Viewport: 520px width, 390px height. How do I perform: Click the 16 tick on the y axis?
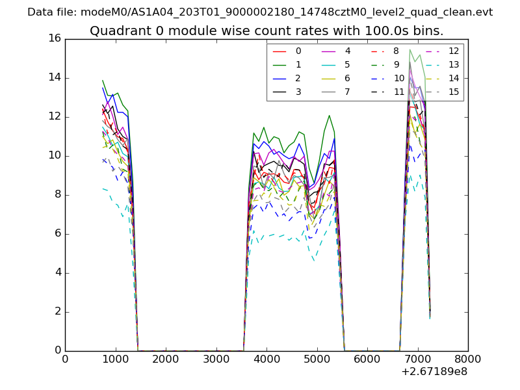coord(55,39)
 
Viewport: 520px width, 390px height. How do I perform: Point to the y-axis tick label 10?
coord(55,156)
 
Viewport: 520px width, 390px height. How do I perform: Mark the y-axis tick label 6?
coord(57,234)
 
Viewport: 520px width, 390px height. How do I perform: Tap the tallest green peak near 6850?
coord(409,50)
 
